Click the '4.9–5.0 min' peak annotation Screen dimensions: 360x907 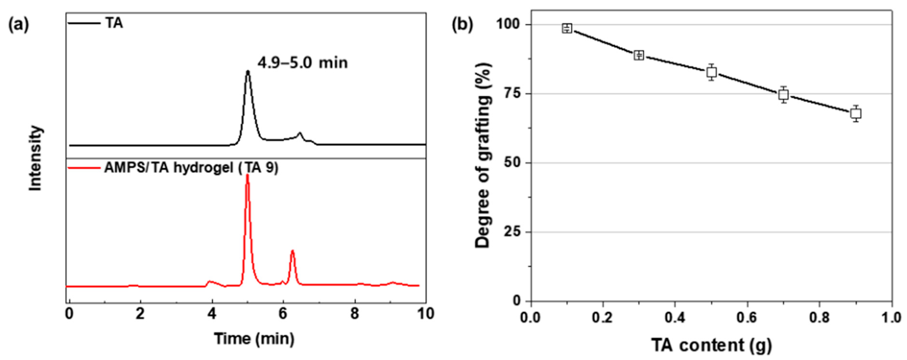[x=302, y=63]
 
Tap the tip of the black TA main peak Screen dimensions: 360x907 [x=248, y=72]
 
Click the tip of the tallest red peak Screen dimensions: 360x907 [x=247, y=175]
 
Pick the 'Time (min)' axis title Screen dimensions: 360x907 [x=254, y=339]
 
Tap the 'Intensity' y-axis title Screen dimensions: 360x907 [x=35, y=159]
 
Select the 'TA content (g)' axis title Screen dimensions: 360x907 [x=711, y=345]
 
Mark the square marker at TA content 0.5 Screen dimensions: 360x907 [x=711, y=72]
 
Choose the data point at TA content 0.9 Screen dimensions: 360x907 [x=856, y=113]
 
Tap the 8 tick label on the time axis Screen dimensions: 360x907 [x=355, y=314]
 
